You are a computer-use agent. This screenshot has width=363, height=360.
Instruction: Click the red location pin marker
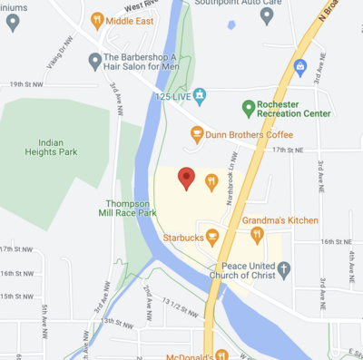tap(186, 178)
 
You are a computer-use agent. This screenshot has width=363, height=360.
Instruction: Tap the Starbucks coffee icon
tap(212, 238)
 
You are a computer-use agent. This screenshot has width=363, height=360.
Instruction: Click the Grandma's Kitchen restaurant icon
tap(257, 236)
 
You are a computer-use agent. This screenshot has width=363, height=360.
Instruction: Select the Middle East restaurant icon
tap(98, 19)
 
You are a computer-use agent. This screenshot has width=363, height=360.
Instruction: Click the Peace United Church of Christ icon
tap(284, 269)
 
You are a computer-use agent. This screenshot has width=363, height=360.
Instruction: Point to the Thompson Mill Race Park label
tap(132, 208)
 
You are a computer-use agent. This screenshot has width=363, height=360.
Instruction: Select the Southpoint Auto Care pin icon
tap(267, 15)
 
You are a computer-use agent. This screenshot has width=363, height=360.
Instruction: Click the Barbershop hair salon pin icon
tap(94, 61)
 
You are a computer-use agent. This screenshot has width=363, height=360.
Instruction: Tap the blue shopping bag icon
tap(301, 65)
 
